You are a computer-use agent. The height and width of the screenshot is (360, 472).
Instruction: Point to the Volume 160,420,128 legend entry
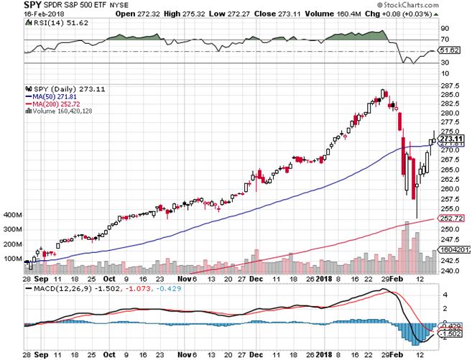point(63,111)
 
